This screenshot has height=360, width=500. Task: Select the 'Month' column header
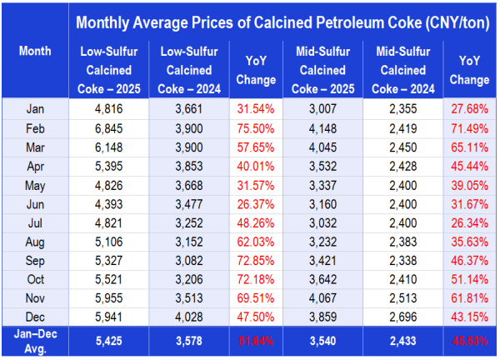pos(35,52)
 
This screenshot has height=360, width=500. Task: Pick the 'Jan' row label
pos(35,107)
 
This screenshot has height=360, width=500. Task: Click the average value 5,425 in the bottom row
pos(107,341)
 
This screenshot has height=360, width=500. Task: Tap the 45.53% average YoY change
pos(472,341)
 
